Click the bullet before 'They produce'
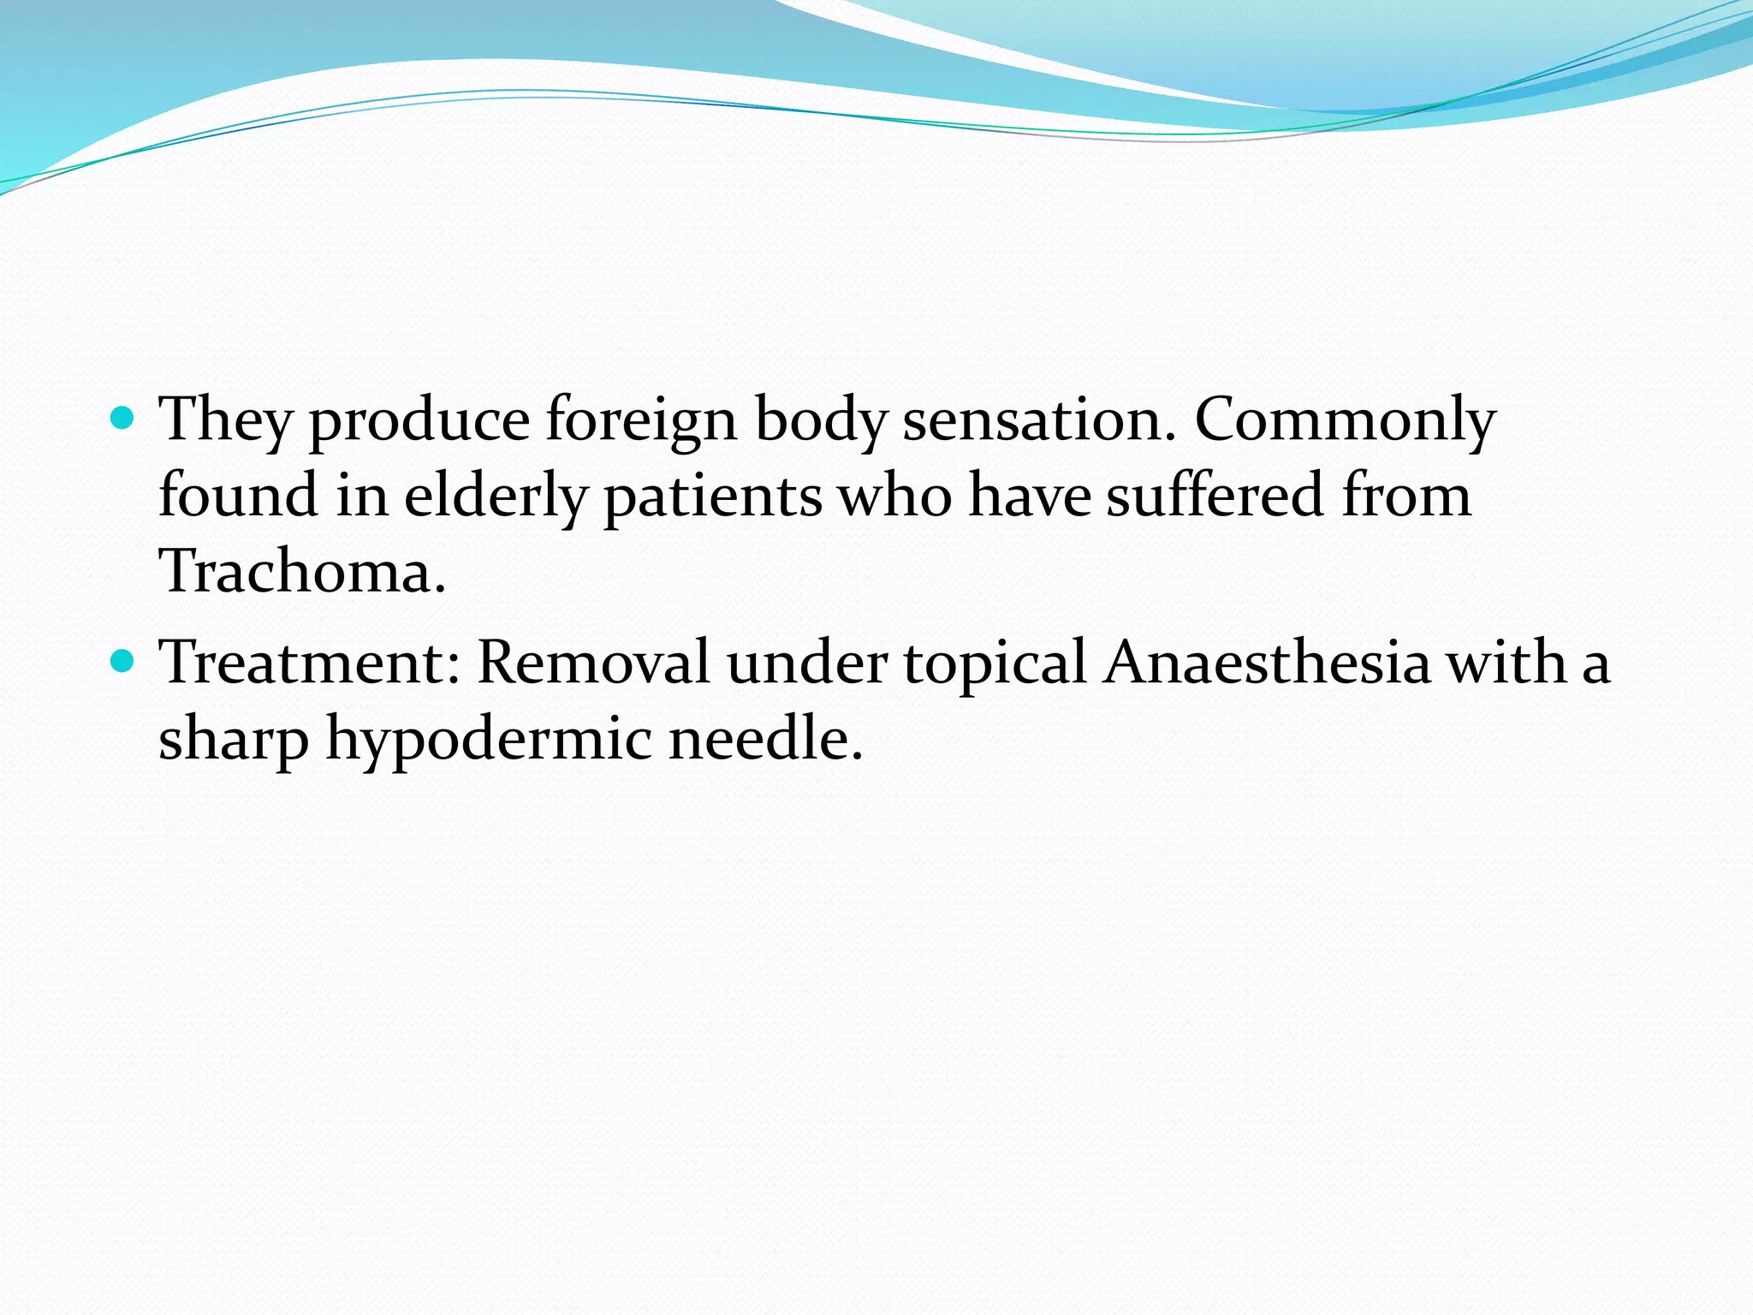point(123,419)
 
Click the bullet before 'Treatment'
point(123,661)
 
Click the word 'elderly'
point(496,497)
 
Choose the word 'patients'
point(712,497)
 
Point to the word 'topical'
point(995,663)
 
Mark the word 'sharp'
point(234,740)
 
